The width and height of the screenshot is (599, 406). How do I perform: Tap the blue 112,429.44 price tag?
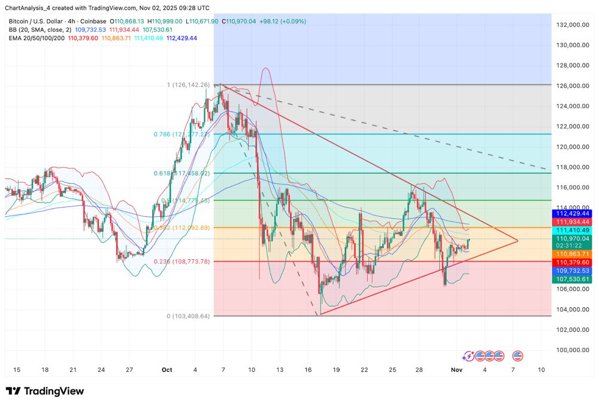573,213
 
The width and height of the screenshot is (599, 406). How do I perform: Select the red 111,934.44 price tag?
573,222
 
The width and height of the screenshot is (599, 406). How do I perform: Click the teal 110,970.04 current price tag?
573,238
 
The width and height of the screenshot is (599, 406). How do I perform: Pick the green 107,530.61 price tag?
573,279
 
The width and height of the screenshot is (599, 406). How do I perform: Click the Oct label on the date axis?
167,369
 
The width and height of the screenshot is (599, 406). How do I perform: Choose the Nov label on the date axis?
456,369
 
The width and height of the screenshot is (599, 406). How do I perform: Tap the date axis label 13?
280,369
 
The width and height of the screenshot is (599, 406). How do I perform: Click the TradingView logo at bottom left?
45,391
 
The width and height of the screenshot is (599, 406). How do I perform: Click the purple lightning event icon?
468,356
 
